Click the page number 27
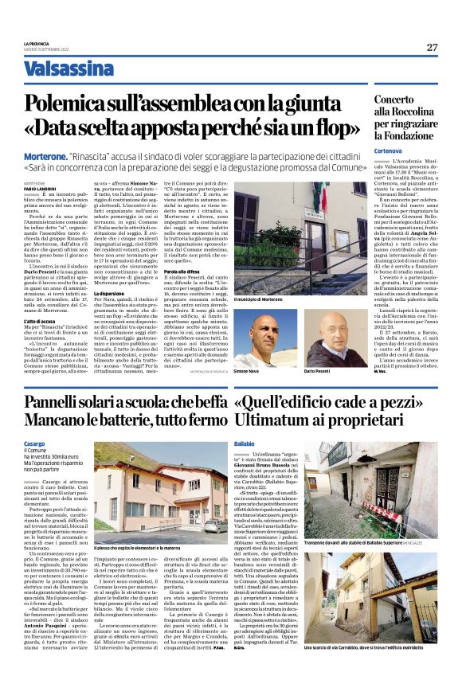pos(432,47)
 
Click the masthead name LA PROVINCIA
pos(36,43)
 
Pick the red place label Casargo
pos(35,442)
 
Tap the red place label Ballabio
pos(245,442)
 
